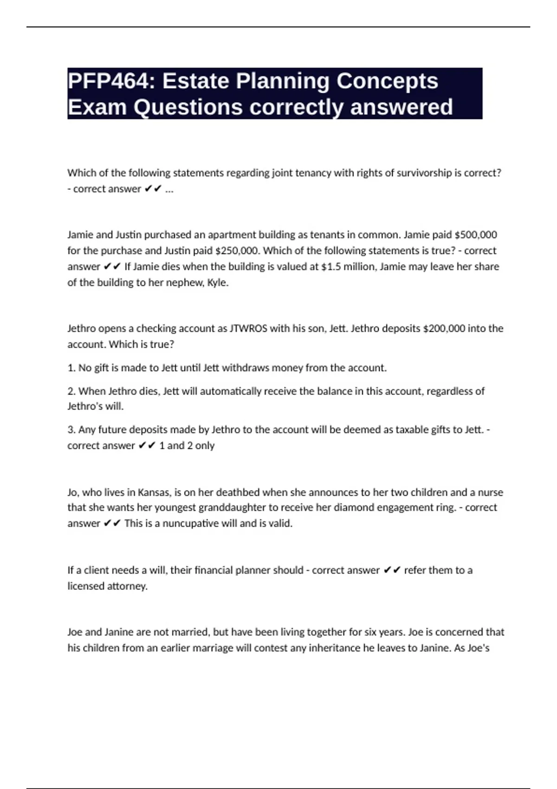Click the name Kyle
tap(218, 283)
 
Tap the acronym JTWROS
tap(248, 329)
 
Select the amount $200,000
tap(444, 329)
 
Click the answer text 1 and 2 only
tap(187, 446)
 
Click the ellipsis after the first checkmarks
tap(169, 189)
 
